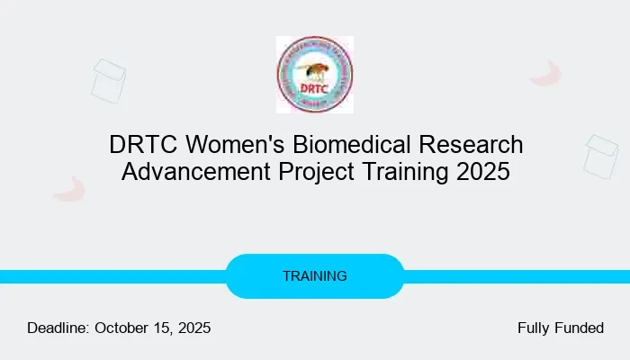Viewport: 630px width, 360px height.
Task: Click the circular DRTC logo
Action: (x=314, y=75)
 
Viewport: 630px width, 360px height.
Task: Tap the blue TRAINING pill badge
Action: (x=314, y=276)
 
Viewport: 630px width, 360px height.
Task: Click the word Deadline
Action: (x=58, y=328)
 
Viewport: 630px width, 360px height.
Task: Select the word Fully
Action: (x=535, y=328)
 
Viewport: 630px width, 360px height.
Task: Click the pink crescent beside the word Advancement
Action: (x=68, y=189)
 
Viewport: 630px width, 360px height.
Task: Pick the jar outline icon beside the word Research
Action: (x=600, y=155)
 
